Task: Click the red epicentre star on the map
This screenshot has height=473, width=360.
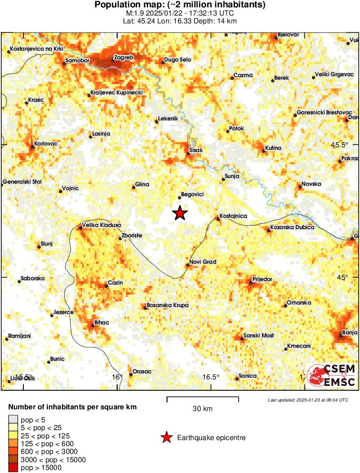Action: coord(180,213)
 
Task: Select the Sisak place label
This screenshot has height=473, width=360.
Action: coord(195,150)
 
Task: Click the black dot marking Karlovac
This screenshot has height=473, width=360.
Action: coord(32,147)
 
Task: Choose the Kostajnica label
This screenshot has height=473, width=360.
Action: coord(233,216)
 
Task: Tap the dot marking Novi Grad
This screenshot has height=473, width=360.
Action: coord(188,265)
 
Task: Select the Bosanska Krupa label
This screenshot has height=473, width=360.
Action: coord(168,305)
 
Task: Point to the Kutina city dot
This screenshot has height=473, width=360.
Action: coord(264,151)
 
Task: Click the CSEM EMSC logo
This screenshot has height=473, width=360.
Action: coord(331,375)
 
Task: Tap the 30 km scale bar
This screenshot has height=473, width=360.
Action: coord(203,397)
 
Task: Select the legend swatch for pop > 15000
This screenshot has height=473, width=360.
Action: coord(13,467)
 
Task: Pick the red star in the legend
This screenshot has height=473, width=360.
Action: coord(166,438)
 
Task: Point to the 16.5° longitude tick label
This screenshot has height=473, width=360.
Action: coord(211,376)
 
